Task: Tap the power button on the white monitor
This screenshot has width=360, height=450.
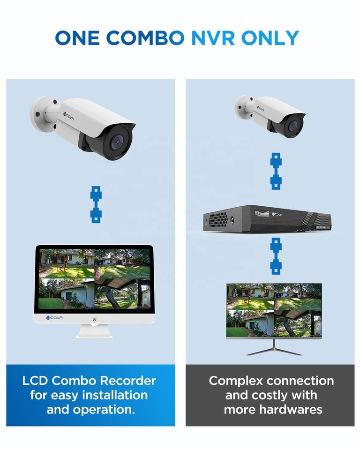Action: [94, 320]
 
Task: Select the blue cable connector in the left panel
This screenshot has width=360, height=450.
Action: [96, 203]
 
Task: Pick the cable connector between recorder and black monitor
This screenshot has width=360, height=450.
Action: [276, 255]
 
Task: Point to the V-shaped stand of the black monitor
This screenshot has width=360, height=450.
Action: [274, 349]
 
